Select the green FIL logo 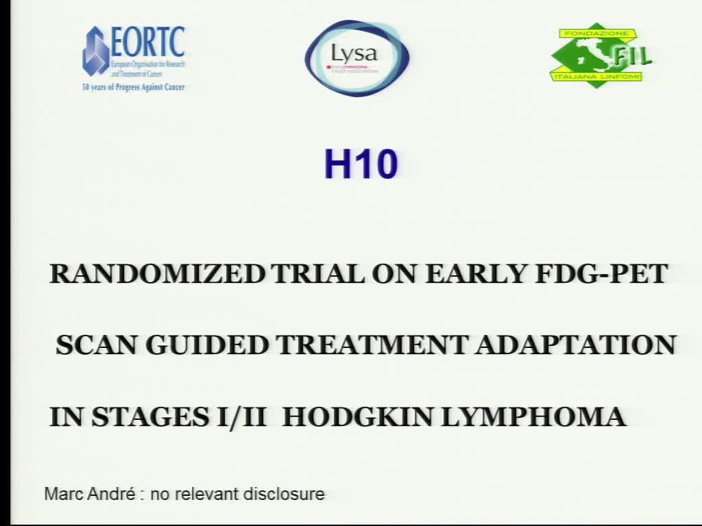tap(601, 55)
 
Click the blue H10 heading tap(361, 165)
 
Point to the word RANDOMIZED tap(157, 274)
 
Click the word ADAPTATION tap(576, 345)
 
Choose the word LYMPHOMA tap(533, 416)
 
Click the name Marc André tap(89, 493)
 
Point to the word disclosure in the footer tap(283, 494)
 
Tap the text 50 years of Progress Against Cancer tap(133, 88)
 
